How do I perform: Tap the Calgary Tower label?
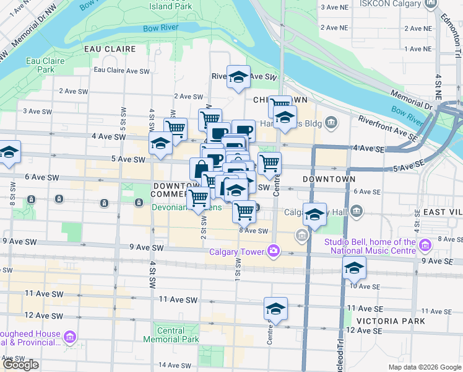coord(237,251)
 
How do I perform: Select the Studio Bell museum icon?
coord(425,246)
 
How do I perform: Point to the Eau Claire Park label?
coord(41,65)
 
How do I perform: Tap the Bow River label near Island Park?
coord(160,28)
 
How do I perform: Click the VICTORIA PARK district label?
coord(391,321)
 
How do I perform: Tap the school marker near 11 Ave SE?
coord(275,309)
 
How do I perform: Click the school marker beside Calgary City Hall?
coord(314,214)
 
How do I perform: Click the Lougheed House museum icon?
coord(70,337)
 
